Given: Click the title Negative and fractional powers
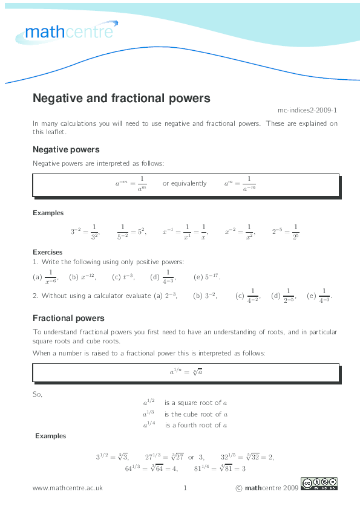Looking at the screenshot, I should coord(121,98).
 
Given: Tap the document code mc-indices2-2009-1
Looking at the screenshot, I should coord(307,111).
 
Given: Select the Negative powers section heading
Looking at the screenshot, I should coord(66,149).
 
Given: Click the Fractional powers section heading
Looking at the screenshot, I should coord(68,318).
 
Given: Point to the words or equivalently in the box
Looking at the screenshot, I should coord(184,184).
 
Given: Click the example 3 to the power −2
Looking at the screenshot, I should coord(85,232).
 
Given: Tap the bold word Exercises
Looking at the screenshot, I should coord(47,252).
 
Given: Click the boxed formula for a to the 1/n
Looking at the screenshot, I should coord(185,372).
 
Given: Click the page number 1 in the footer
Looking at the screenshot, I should coord(185,488).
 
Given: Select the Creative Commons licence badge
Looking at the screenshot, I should coord(319,484).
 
